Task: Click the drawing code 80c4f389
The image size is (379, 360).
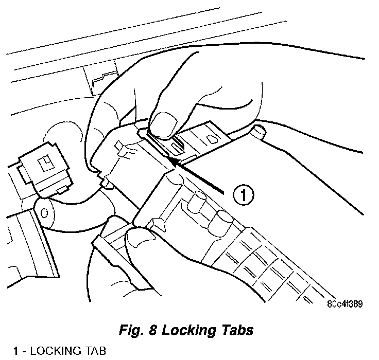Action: coord(344,303)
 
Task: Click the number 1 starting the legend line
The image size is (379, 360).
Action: coord(16,351)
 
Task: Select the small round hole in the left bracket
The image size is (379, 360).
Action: coord(44,211)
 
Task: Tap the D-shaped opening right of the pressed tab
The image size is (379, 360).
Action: coord(211,139)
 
